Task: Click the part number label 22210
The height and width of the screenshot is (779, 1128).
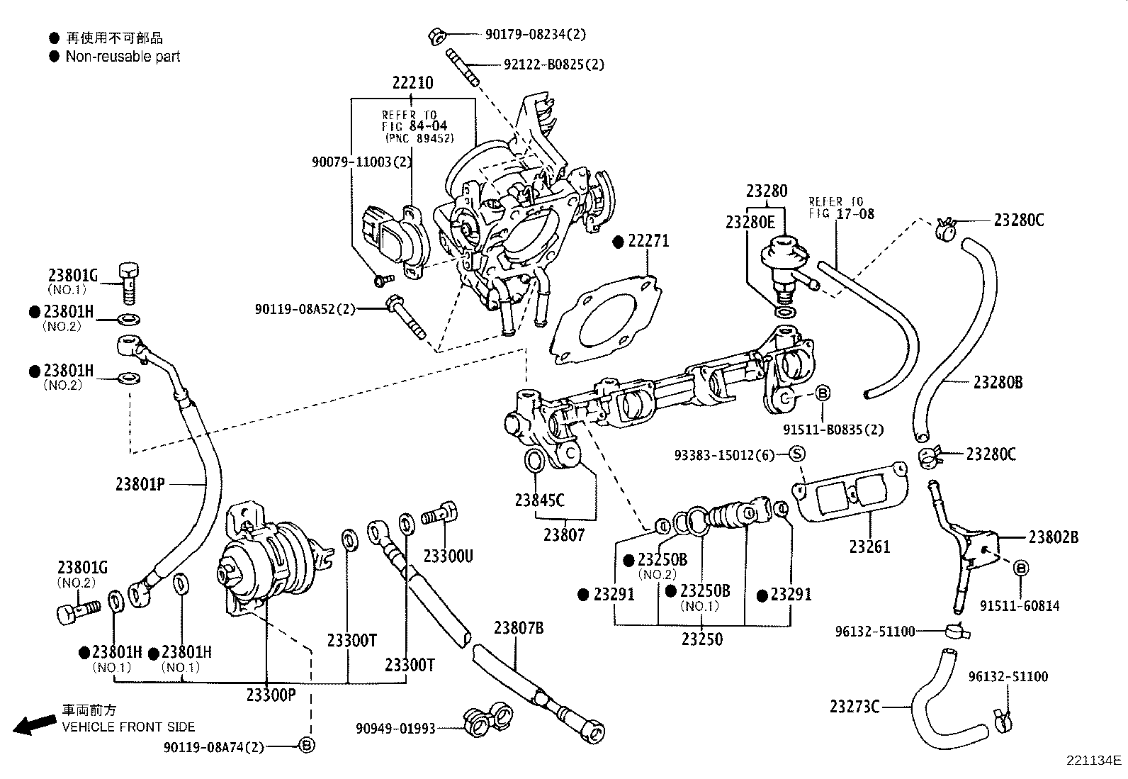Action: click(412, 83)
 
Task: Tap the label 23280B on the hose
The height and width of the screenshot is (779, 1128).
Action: click(998, 383)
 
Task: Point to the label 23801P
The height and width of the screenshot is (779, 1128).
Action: click(140, 484)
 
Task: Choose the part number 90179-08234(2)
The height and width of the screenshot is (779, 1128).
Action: click(536, 34)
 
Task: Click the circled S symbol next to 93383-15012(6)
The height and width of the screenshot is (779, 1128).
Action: click(796, 454)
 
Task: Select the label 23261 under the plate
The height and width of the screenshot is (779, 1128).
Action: click(869, 547)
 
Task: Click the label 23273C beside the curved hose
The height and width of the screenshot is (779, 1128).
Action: click(855, 706)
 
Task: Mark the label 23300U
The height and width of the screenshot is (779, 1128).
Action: click(448, 556)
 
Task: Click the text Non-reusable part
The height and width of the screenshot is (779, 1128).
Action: click(123, 57)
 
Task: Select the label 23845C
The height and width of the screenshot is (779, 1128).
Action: click(539, 500)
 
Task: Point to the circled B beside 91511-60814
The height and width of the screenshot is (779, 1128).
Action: click(1020, 568)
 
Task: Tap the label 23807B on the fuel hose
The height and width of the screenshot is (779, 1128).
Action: click(519, 627)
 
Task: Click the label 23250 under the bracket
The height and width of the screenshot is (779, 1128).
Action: click(702, 639)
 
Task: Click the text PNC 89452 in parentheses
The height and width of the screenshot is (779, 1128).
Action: click(419, 138)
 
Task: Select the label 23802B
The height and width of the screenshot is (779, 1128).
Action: click(1053, 537)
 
